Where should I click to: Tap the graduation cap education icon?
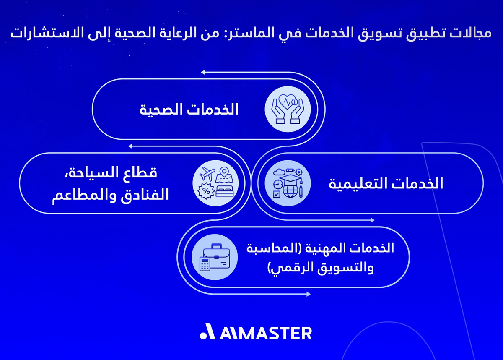coord(287,184)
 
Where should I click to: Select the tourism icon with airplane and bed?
coord(215,184)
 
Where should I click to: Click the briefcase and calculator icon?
coord(215,257)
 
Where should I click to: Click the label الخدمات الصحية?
coord(189,110)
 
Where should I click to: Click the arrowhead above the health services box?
coord(203,73)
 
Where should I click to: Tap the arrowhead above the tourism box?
coord(130,146)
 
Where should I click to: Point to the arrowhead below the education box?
coord(372,220)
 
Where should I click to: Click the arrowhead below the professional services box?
coord(308,294)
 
